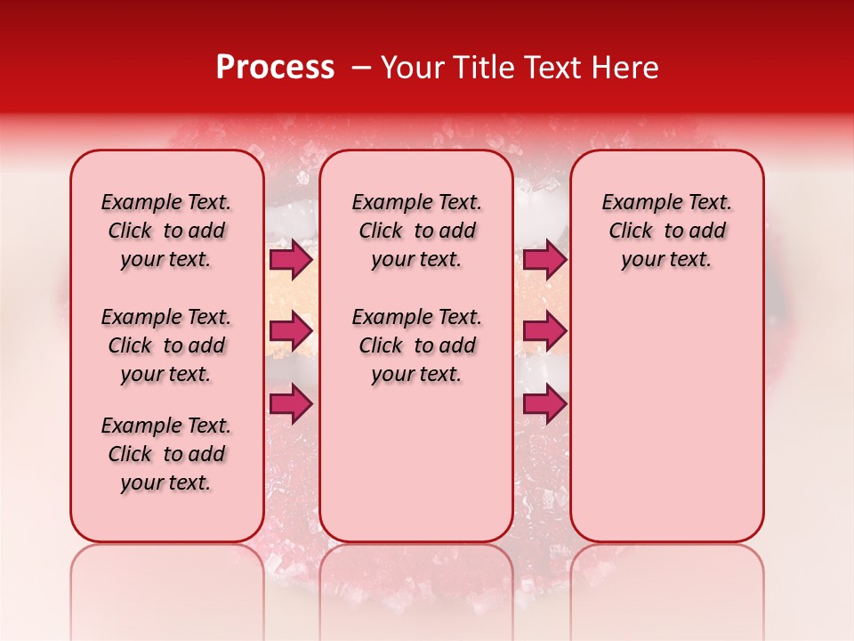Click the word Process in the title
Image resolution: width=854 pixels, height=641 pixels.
275,68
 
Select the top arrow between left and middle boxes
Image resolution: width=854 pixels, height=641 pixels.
291,259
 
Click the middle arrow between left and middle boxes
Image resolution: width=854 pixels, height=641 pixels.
291,331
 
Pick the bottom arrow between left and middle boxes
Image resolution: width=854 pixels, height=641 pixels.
291,403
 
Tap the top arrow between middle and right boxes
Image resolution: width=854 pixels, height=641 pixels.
544,259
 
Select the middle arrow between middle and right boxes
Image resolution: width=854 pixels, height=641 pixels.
544,331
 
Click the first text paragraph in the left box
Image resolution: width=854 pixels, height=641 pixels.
166,231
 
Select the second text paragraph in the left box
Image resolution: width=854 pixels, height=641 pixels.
166,345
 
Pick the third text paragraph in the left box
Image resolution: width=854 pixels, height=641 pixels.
166,454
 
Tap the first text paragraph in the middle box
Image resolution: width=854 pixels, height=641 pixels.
416,231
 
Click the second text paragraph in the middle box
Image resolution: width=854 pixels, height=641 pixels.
416,345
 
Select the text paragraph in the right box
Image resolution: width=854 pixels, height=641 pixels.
667,231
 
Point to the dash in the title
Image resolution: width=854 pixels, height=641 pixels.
361,68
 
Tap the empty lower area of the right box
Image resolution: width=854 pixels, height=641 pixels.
667,418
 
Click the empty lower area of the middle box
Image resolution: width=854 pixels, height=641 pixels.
416,463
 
